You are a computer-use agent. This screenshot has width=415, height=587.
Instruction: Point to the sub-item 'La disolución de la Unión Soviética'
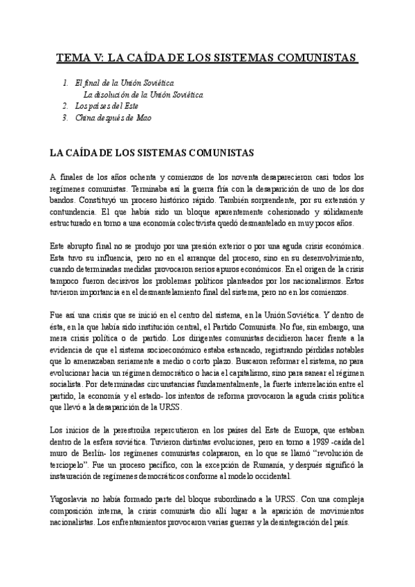(x=143, y=94)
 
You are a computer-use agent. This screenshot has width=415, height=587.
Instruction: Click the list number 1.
(x=64, y=83)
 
